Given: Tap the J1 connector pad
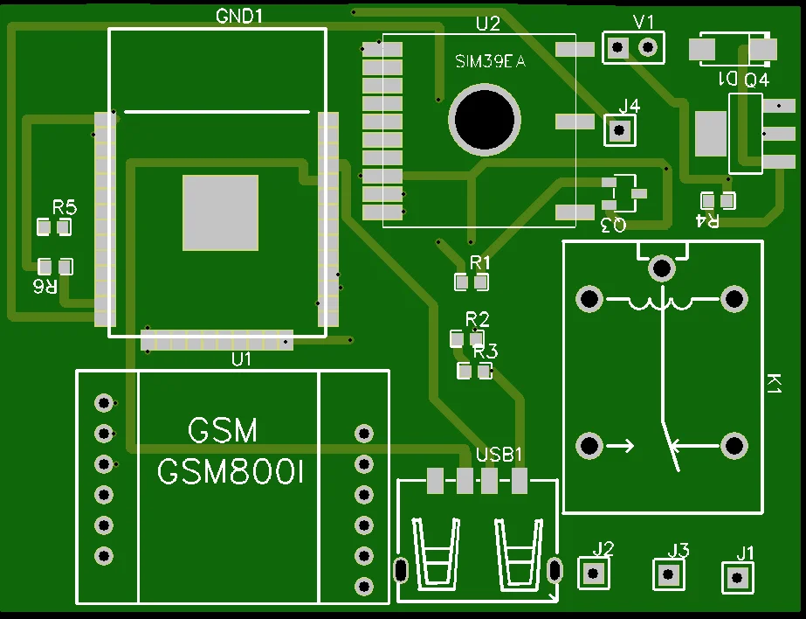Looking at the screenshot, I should [738, 577].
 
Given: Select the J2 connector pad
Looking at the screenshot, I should [595, 574].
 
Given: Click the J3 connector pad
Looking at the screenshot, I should [670, 574].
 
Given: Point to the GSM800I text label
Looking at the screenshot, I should [231, 473].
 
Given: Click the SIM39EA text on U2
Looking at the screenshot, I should [490, 62].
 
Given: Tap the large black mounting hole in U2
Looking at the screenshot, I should [484, 120].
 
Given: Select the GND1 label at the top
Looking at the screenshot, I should [239, 16].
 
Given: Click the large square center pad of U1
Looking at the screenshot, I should [220, 212].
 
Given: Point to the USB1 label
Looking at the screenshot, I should [499, 455].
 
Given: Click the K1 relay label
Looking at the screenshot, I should [773, 384].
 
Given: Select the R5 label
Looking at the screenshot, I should [65, 208].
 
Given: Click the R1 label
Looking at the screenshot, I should [480, 262].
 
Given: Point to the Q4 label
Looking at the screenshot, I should [756, 80].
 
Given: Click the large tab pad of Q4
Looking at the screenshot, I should [711, 133].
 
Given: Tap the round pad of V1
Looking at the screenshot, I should [647, 47].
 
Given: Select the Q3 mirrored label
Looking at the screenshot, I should [614, 226].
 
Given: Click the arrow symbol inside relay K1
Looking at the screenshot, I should [621, 446].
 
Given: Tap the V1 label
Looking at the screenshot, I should [644, 22].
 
